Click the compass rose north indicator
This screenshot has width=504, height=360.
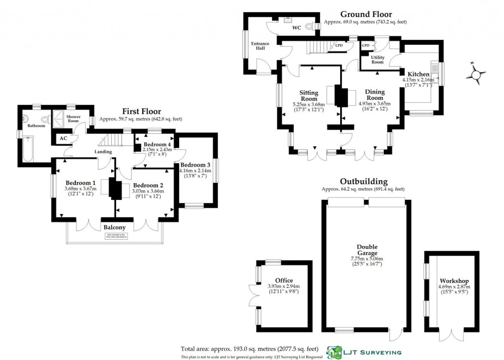(476, 75)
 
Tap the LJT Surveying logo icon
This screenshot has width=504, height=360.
(336, 352)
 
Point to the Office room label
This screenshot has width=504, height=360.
(284, 280)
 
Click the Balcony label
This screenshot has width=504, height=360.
(114, 228)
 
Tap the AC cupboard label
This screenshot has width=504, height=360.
(63, 138)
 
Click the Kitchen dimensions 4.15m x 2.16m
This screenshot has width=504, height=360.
(418, 80)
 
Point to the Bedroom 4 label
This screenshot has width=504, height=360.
(154, 144)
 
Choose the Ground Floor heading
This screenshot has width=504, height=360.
(366, 14)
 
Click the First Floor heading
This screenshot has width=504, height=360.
(141, 112)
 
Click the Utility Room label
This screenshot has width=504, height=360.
(378, 60)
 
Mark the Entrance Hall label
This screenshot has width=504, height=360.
(260, 46)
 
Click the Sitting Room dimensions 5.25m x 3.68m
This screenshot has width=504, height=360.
(309, 104)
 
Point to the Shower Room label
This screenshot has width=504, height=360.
(73, 119)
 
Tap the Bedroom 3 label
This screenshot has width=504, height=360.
(195, 164)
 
